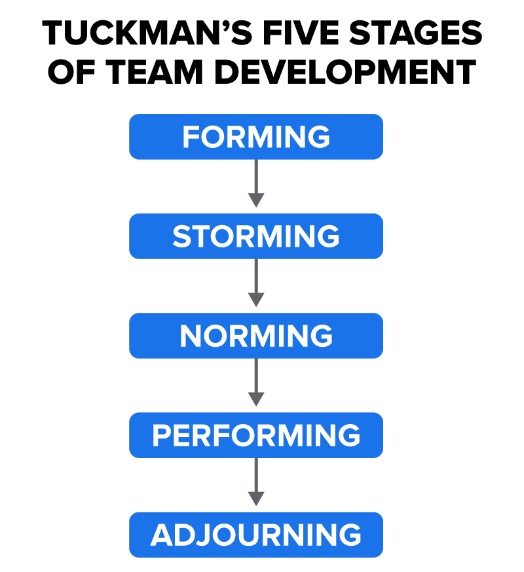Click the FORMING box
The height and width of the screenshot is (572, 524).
256,137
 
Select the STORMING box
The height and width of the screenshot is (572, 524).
256,236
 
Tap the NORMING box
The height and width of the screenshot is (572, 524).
256,336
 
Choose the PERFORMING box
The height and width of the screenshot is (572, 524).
256,435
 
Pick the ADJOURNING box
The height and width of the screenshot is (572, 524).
256,535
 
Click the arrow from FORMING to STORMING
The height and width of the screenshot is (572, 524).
256,183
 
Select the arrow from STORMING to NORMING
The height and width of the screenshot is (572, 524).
256,283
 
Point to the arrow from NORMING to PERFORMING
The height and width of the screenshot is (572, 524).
256,383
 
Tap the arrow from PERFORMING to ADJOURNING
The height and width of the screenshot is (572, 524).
256,482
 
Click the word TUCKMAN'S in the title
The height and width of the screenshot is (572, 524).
147,33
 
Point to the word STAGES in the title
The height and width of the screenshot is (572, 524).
416,33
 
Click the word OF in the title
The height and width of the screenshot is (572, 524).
71,72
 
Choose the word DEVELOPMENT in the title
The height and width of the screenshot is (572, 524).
345,72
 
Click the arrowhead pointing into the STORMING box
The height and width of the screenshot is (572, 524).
256,200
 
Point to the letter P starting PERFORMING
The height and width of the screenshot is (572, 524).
161,435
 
